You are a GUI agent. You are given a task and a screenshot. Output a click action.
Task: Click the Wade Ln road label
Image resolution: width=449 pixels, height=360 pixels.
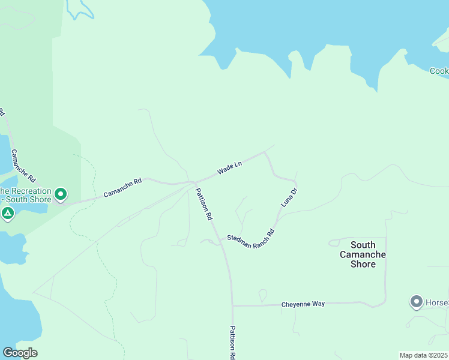tap(229, 167)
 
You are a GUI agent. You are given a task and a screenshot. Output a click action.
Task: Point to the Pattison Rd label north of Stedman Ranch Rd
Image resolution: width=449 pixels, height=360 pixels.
tap(204, 205)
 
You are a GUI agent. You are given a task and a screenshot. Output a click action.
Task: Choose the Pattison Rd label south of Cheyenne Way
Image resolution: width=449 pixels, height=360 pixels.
tap(232, 342)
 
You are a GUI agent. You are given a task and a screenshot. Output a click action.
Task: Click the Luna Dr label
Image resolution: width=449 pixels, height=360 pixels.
tap(289, 199)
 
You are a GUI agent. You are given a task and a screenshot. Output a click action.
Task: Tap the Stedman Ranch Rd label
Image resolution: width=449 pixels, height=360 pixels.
tap(250, 234)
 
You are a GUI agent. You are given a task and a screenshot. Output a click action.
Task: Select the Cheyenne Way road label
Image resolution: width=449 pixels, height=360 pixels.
tap(303, 304)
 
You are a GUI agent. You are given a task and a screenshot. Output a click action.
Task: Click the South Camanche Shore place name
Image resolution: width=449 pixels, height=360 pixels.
tap(363, 254)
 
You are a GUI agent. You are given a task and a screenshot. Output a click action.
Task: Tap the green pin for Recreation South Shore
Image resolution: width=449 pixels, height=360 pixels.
tap(61, 194)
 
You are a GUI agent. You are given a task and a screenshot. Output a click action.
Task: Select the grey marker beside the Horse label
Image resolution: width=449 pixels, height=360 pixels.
tap(416, 301)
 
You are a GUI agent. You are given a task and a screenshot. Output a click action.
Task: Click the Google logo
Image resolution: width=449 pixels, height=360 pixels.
tap(20, 352)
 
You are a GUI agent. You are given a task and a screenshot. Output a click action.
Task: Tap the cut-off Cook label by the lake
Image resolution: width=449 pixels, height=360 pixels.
tap(439, 71)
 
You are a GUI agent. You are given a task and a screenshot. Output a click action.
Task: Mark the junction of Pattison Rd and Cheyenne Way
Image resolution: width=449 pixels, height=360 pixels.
tap(232, 305)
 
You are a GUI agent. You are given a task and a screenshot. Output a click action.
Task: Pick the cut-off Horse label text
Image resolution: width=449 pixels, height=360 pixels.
tap(437, 301)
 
